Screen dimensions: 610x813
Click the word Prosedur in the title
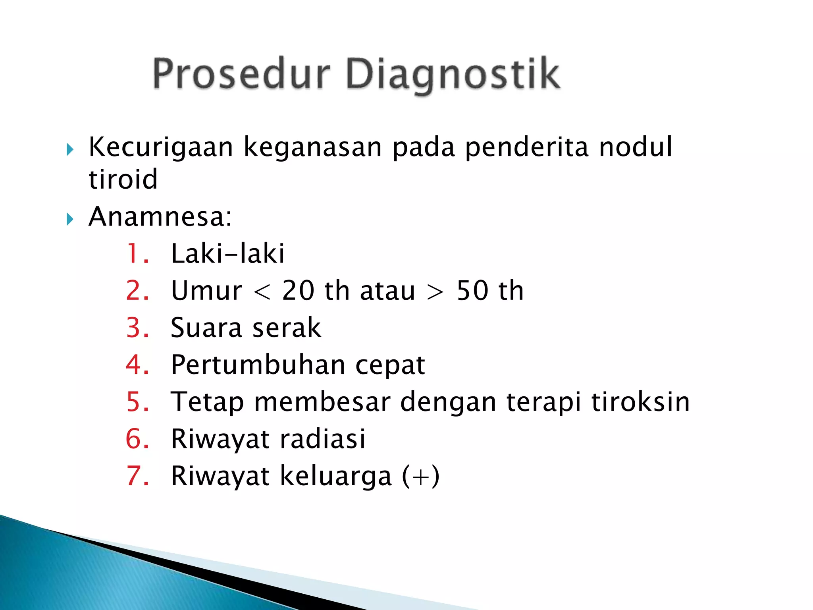tap(241, 74)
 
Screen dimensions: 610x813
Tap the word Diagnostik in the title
tap(453, 74)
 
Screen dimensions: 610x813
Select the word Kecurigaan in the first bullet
tap(161, 148)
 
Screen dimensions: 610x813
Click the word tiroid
tap(123, 180)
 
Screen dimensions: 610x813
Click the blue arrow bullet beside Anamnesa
tap(70, 219)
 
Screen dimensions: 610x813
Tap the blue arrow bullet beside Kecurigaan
tap(70, 150)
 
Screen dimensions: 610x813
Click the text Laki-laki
tap(227, 254)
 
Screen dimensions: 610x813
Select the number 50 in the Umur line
tap(472, 291)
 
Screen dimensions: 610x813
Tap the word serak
tap(287, 328)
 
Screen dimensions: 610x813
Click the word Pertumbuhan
tap(258, 365)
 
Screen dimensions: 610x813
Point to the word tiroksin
tap(640, 402)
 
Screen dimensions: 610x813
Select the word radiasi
tap(323, 439)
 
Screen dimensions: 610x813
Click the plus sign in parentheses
tap(420, 477)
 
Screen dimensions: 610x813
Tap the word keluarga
tap(336, 476)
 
